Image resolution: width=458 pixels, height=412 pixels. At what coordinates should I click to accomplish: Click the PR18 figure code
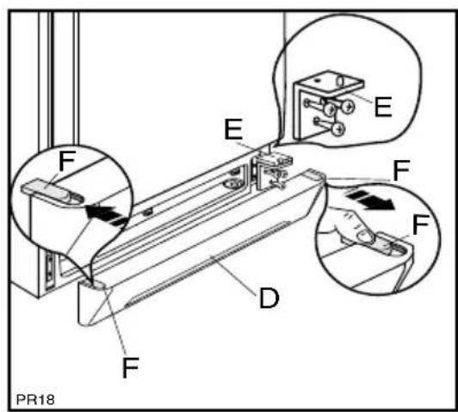click(x=35, y=399)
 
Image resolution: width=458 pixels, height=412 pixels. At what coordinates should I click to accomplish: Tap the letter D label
click(x=269, y=298)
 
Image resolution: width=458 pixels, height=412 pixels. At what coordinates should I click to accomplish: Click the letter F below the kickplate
click(x=130, y=367)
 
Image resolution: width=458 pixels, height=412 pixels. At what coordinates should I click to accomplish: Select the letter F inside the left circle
click(x=67, y=161)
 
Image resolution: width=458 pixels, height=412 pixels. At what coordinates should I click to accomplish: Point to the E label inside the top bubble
click(x=382, y=107)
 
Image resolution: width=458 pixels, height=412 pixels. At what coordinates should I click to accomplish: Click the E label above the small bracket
click(x=233, y=130)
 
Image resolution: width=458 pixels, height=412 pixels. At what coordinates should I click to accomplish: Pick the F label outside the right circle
click(x=401, y=170)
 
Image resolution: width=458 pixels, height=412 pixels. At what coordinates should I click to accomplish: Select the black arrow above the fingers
click(x=369, y=200)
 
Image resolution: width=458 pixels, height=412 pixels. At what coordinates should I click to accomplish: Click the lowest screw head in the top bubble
click(x=338, y=129)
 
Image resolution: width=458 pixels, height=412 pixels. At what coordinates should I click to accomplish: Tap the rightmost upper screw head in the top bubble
click(x=348, y=107)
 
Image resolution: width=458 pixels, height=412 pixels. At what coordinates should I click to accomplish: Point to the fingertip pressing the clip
click(x=365, y=235)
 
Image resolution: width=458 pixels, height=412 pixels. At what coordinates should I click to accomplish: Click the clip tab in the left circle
click(x=53, y=191)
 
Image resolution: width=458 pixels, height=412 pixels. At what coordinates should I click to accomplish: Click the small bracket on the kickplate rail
click(x=272, y=171)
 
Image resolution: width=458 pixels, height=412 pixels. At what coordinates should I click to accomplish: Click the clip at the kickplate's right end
click(x=315, y=175)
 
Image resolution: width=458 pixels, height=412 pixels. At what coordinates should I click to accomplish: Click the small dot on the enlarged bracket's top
click(x=319, y=79)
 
